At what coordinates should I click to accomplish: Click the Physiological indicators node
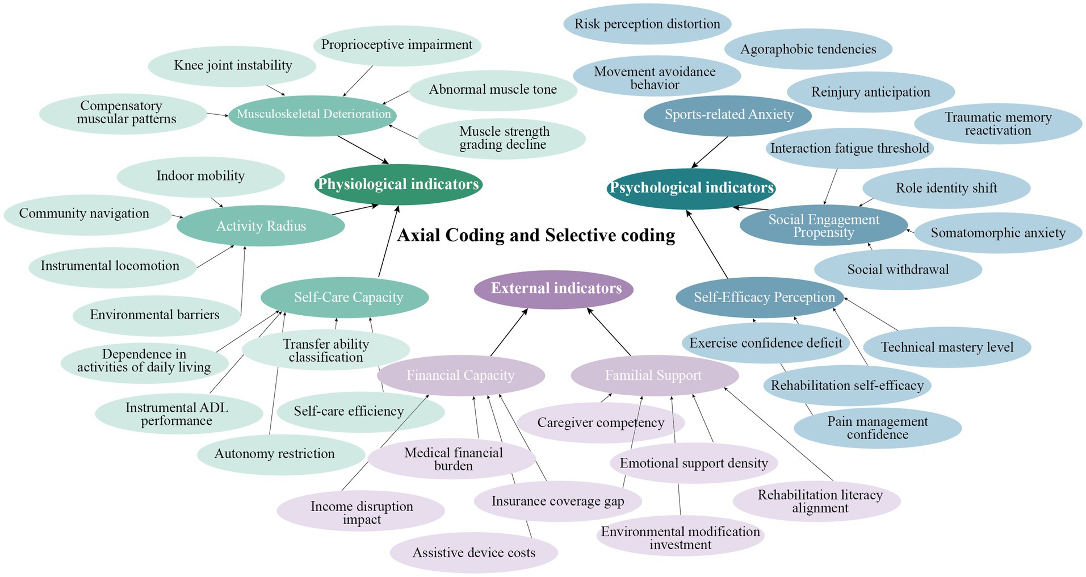pos(398,185)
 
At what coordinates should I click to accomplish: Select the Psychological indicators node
pos(691,189)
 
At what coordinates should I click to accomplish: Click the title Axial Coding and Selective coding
pos(536,235)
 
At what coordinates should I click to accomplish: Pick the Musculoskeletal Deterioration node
pos(313,115)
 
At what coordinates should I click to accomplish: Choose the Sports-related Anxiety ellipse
pos(728,115)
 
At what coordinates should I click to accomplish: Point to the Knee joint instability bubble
pos(233,66)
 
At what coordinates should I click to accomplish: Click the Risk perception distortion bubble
pos(647,24)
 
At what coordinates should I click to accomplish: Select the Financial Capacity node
pos(460,375)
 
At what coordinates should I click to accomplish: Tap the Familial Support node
pos(653,375)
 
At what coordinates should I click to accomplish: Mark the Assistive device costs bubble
pos(473,553)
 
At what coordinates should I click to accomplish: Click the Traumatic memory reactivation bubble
pos(997,124)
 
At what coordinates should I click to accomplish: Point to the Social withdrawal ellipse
pos(898,270)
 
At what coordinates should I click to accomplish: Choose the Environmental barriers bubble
pos(154,315)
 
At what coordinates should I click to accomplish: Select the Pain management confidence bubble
pos(877,428)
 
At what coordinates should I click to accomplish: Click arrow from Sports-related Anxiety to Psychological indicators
pos(710,152)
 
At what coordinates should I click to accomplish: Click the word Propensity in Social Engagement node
pos(823,233)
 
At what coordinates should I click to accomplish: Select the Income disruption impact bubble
pos(361,513)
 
